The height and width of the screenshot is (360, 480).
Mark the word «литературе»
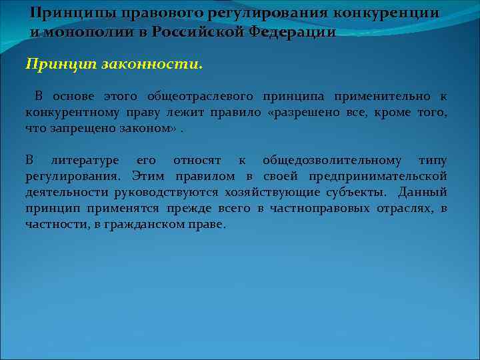click(85, 161)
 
